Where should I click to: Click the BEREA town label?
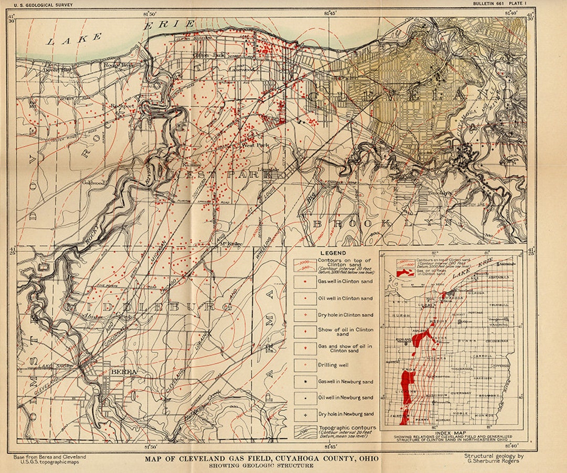coord(124,372)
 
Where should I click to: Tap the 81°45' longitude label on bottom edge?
coord(331,447)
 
